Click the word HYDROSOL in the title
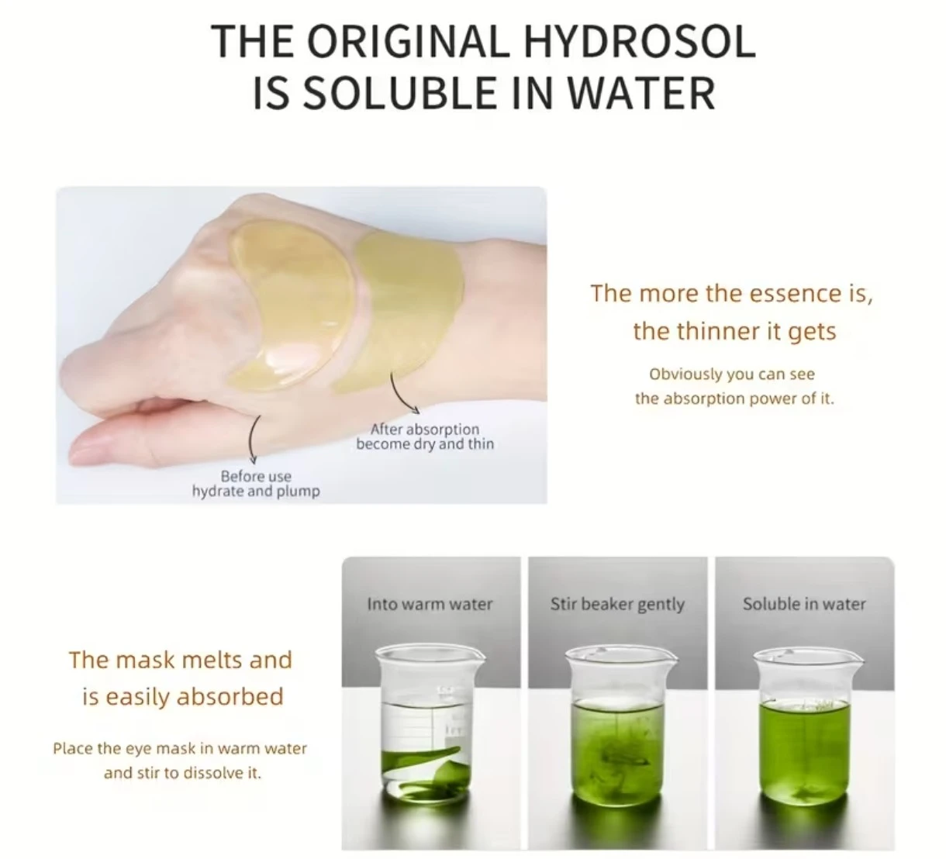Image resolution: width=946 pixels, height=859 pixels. pyautogui.click(x=639, y=42)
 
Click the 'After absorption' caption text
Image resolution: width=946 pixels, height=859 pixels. pyautogui.click(x=425, y=429)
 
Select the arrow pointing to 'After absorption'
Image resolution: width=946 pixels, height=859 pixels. pyautogui.click(x=402, y=395)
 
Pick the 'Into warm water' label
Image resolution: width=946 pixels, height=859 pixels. pyautogui.click(x=430, y=604)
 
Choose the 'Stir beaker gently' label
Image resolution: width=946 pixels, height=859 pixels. pyautogui.click(x=617, y=605)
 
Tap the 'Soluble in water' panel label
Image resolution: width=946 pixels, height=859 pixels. pyautogui.click(x=805, y=604)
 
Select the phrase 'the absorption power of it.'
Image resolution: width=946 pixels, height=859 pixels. pyautogui.click(x=734, y=399)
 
